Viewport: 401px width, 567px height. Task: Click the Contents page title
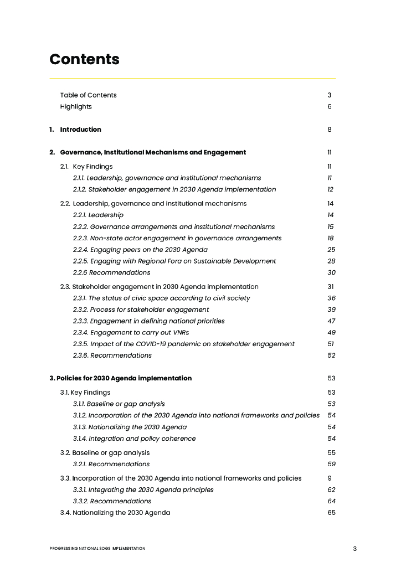point(84,59)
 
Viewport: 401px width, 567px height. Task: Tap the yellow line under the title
point(192,79)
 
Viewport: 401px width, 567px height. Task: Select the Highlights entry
point(76,106)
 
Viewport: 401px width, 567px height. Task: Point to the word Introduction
point(80,130)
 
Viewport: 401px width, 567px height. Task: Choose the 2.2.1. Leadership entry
point(98,215)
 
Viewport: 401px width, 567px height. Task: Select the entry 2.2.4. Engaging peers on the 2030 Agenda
point(140,250)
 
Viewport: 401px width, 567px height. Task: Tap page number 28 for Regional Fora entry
point(331,261)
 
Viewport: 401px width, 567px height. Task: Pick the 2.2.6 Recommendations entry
point(111,272)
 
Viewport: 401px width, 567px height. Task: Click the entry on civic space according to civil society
point(161,298)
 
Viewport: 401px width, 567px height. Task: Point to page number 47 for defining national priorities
point(331,321)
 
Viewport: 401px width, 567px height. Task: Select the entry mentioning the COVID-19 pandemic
point(183,344)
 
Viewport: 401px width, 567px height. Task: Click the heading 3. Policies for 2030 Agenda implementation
point(121,378)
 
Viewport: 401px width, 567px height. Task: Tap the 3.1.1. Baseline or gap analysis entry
point(119,404)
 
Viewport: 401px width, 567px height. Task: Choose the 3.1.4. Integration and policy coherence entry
point(134,439)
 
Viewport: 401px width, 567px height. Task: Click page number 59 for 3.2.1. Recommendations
point(331,464)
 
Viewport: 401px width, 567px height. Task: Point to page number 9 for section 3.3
point(330,478)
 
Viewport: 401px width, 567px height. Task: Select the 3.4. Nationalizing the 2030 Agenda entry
point(115,513)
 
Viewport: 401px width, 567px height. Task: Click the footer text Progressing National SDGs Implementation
point(97,548)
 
